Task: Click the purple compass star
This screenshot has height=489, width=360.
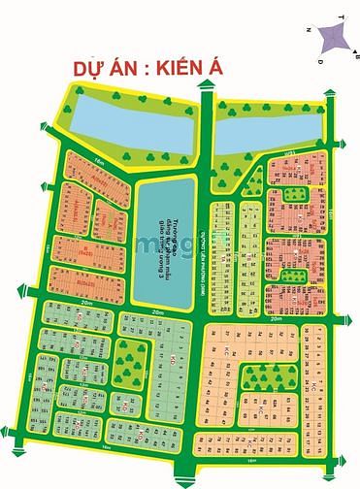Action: coord(332,34)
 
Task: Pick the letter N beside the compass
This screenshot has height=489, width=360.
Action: coord(308,31)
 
